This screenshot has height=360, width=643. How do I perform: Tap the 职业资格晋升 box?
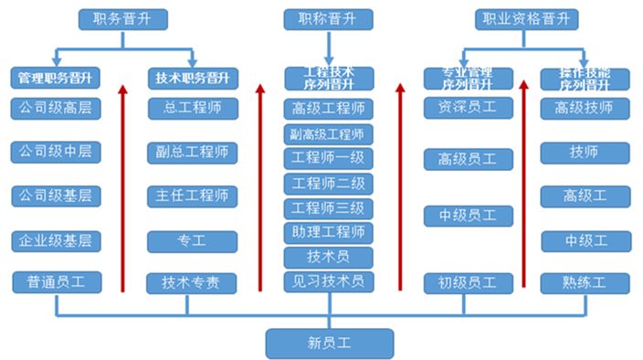pos(527,18)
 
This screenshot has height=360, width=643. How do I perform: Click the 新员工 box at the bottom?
pos(329,344)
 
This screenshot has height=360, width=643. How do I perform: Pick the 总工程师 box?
pos(192,108)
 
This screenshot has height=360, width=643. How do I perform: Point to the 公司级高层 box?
pos(56,108)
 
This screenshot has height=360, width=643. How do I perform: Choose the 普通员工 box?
pos(56,282)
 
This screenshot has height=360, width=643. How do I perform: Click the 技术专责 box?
pos(192,282)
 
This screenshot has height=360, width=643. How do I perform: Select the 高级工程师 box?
pos(329,108)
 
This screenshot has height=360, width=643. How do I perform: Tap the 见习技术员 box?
pos(329,281)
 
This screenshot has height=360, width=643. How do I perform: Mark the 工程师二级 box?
pos(329,183)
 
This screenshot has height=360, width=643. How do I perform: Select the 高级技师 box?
pos(585,108)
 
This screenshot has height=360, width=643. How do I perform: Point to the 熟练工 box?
pos(585,282)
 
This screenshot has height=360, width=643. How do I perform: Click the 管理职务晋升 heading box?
pos(56,79)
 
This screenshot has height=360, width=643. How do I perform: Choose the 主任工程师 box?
pos(192,196)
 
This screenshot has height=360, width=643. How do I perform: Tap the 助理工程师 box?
pos(329,232)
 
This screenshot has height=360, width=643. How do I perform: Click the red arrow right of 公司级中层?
pos(122,187)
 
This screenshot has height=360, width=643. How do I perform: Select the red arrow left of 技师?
pos(523,183)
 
